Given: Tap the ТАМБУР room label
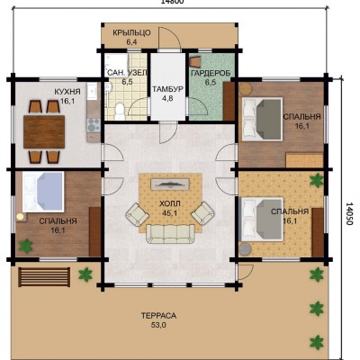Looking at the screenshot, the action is coord(167,89).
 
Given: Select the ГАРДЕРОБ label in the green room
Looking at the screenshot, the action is coord(211,73).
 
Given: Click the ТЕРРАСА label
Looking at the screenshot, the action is coord(158,316).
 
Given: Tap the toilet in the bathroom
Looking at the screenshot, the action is coord(120,111).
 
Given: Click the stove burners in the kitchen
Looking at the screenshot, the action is coord(94,125).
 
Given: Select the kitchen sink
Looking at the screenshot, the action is coord(92,91).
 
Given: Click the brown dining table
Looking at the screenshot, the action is coord(44,131).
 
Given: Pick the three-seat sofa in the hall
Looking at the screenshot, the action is coord(170,234).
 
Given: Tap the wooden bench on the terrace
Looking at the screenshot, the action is coord(44,277).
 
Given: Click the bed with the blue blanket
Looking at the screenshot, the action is coord(43,192).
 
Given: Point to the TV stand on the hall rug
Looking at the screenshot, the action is coord(170,184).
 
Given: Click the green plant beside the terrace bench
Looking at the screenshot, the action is coord(85,274).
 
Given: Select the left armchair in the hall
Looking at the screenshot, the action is coord(137,214).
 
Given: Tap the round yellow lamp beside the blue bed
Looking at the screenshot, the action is coord(20,217).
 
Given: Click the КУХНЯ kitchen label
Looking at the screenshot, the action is coord(67,92).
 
